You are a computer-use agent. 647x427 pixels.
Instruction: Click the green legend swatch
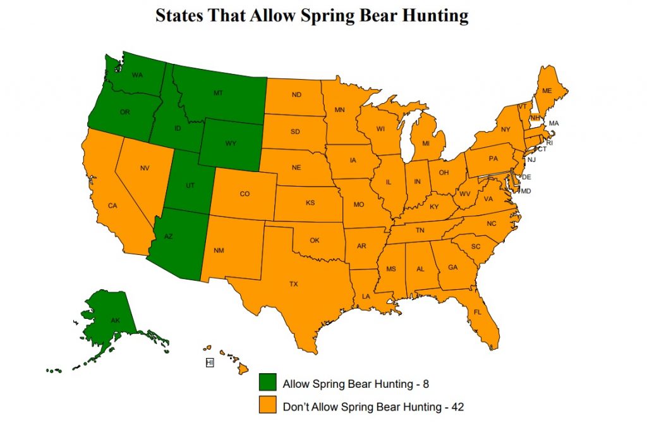[x=268, y=383]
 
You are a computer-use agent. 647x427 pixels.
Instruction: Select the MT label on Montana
[x=218, y=93]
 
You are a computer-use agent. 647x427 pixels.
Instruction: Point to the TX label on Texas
[x=294, y=284]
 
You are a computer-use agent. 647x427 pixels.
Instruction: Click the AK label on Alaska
[x=115, y=321]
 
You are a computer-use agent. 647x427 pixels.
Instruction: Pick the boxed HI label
[x=210, y=362]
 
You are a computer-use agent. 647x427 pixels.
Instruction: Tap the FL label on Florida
[x=477, y=312]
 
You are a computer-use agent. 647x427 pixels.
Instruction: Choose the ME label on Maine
[x=547, y=91]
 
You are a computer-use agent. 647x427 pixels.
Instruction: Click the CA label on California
[x=112, y=206]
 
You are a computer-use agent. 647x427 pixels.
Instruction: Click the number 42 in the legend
[x=457, y=407]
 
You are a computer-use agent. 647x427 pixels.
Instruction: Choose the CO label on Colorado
[x=245, y=194]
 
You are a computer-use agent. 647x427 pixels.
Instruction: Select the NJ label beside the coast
[x=531, y=160]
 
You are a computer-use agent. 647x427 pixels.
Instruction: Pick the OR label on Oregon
[x=124, y=112]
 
